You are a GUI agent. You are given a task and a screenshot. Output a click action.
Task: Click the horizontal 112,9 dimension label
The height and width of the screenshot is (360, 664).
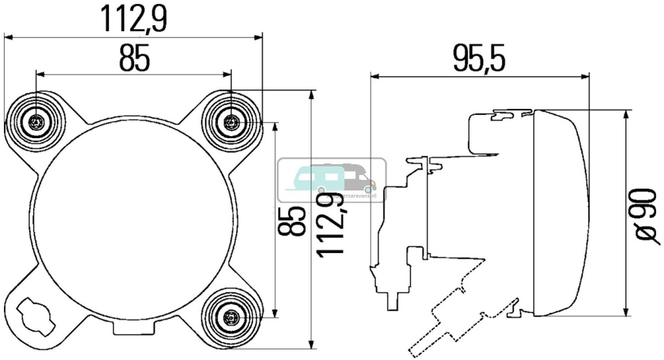134,19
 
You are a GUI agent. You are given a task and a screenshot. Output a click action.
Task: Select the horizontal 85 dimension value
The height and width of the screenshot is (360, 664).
134,60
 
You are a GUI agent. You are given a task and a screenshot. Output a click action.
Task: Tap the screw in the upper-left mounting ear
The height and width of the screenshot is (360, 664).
36,122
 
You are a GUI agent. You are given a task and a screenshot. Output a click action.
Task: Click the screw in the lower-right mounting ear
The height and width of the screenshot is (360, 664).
231,317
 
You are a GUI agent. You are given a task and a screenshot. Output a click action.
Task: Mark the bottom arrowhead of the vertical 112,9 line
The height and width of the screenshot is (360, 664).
313,344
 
